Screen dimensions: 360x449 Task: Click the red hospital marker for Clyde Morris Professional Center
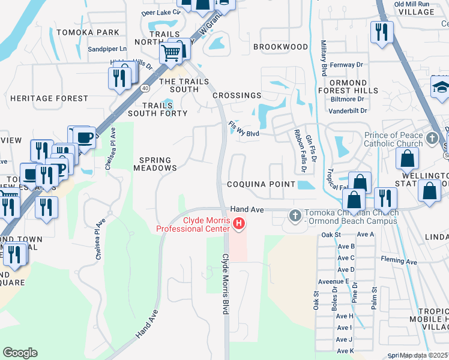[239, 224]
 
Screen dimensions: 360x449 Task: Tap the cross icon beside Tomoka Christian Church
[295, 214]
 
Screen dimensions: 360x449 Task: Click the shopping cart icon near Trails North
[171, 54]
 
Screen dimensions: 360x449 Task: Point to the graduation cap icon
[440, 88]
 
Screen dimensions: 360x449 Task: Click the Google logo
[20, 353]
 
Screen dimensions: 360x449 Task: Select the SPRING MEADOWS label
[155, 164]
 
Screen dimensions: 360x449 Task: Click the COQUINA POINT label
[261, 184]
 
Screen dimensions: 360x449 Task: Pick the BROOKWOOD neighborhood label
[280, 46]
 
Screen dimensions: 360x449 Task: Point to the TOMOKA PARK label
[88, 32]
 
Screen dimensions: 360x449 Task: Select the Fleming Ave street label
[399, 261]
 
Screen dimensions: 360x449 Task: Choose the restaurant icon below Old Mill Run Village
[381, 31]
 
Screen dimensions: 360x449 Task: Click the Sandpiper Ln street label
[107, 49]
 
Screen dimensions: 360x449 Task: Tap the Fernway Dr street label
[348, 64]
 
